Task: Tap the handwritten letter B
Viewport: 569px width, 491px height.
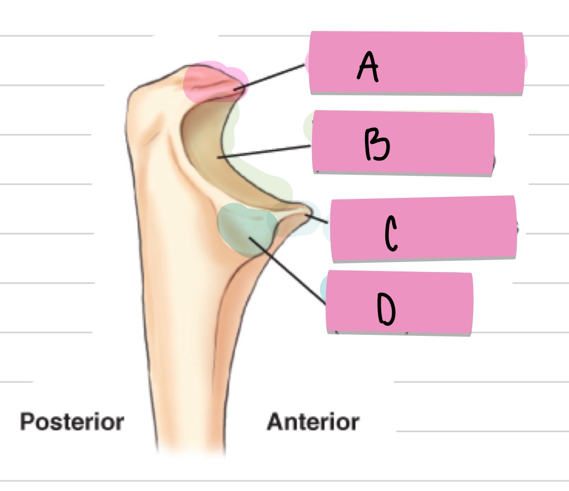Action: click(x=377, y=145)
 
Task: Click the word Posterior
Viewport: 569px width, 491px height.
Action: click(x=72, y=422)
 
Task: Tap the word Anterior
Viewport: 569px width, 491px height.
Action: click(x=313, y=422)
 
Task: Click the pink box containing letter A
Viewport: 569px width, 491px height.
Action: click(x=442, y=63)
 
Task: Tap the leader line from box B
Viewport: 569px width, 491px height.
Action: click(x=265, y=152)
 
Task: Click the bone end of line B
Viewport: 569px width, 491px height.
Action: click(x=219, y=158)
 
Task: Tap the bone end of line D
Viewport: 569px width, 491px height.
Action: click(x=251, y=238)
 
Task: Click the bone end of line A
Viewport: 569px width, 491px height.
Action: click(x=236, y=89)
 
